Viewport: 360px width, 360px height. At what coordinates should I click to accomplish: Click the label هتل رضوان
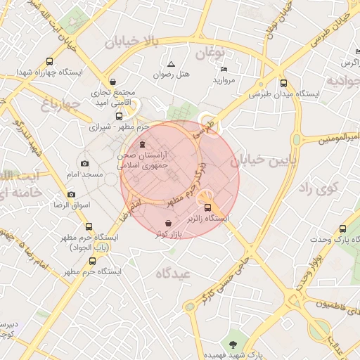[172, 75]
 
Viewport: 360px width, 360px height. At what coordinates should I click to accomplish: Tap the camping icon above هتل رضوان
[171, 64]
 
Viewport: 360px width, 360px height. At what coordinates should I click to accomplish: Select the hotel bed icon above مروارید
[224, 69]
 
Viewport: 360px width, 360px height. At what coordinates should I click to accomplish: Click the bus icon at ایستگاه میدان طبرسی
[283, 83]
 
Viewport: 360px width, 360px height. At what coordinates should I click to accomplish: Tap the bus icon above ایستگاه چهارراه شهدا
[49, 61]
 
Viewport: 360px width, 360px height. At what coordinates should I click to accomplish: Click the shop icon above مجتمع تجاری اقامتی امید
[114, 79]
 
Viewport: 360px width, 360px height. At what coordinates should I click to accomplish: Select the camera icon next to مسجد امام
[85, 163]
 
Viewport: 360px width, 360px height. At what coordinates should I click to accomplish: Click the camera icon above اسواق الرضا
[71, 194]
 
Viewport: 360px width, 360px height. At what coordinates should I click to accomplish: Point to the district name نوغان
[208, 53]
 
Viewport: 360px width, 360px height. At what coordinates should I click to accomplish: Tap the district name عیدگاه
[175, 274]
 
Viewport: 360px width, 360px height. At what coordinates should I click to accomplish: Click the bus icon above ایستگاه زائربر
[207, 207]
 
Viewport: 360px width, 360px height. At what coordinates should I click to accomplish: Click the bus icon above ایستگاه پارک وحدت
[342, 229]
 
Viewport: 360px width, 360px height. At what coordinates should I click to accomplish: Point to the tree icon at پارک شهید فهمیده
[235, 342]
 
